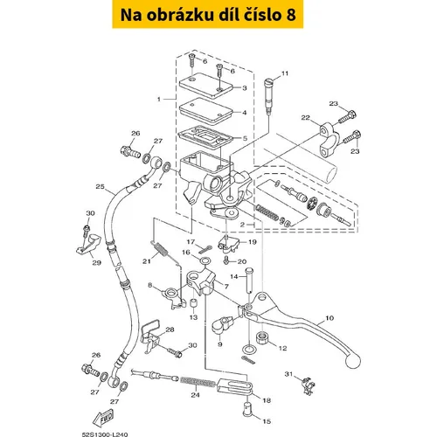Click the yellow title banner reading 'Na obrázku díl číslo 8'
click(208, 14)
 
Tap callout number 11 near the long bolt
click(285, 73)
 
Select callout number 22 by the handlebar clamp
click(305, 117)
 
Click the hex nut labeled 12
click(263, 337)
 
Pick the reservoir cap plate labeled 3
click(206, 86)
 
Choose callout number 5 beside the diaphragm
click(245, 138)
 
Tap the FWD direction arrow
click(103, 418)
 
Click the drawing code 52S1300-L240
click(105, 434)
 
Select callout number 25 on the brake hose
click(100, 186)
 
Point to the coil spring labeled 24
click(198, 382)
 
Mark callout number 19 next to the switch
click(253, 242)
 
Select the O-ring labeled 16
click(205, 260)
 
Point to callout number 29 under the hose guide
click(96, 263)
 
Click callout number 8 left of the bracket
click(149, 285)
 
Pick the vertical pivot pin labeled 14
click(250, 280)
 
